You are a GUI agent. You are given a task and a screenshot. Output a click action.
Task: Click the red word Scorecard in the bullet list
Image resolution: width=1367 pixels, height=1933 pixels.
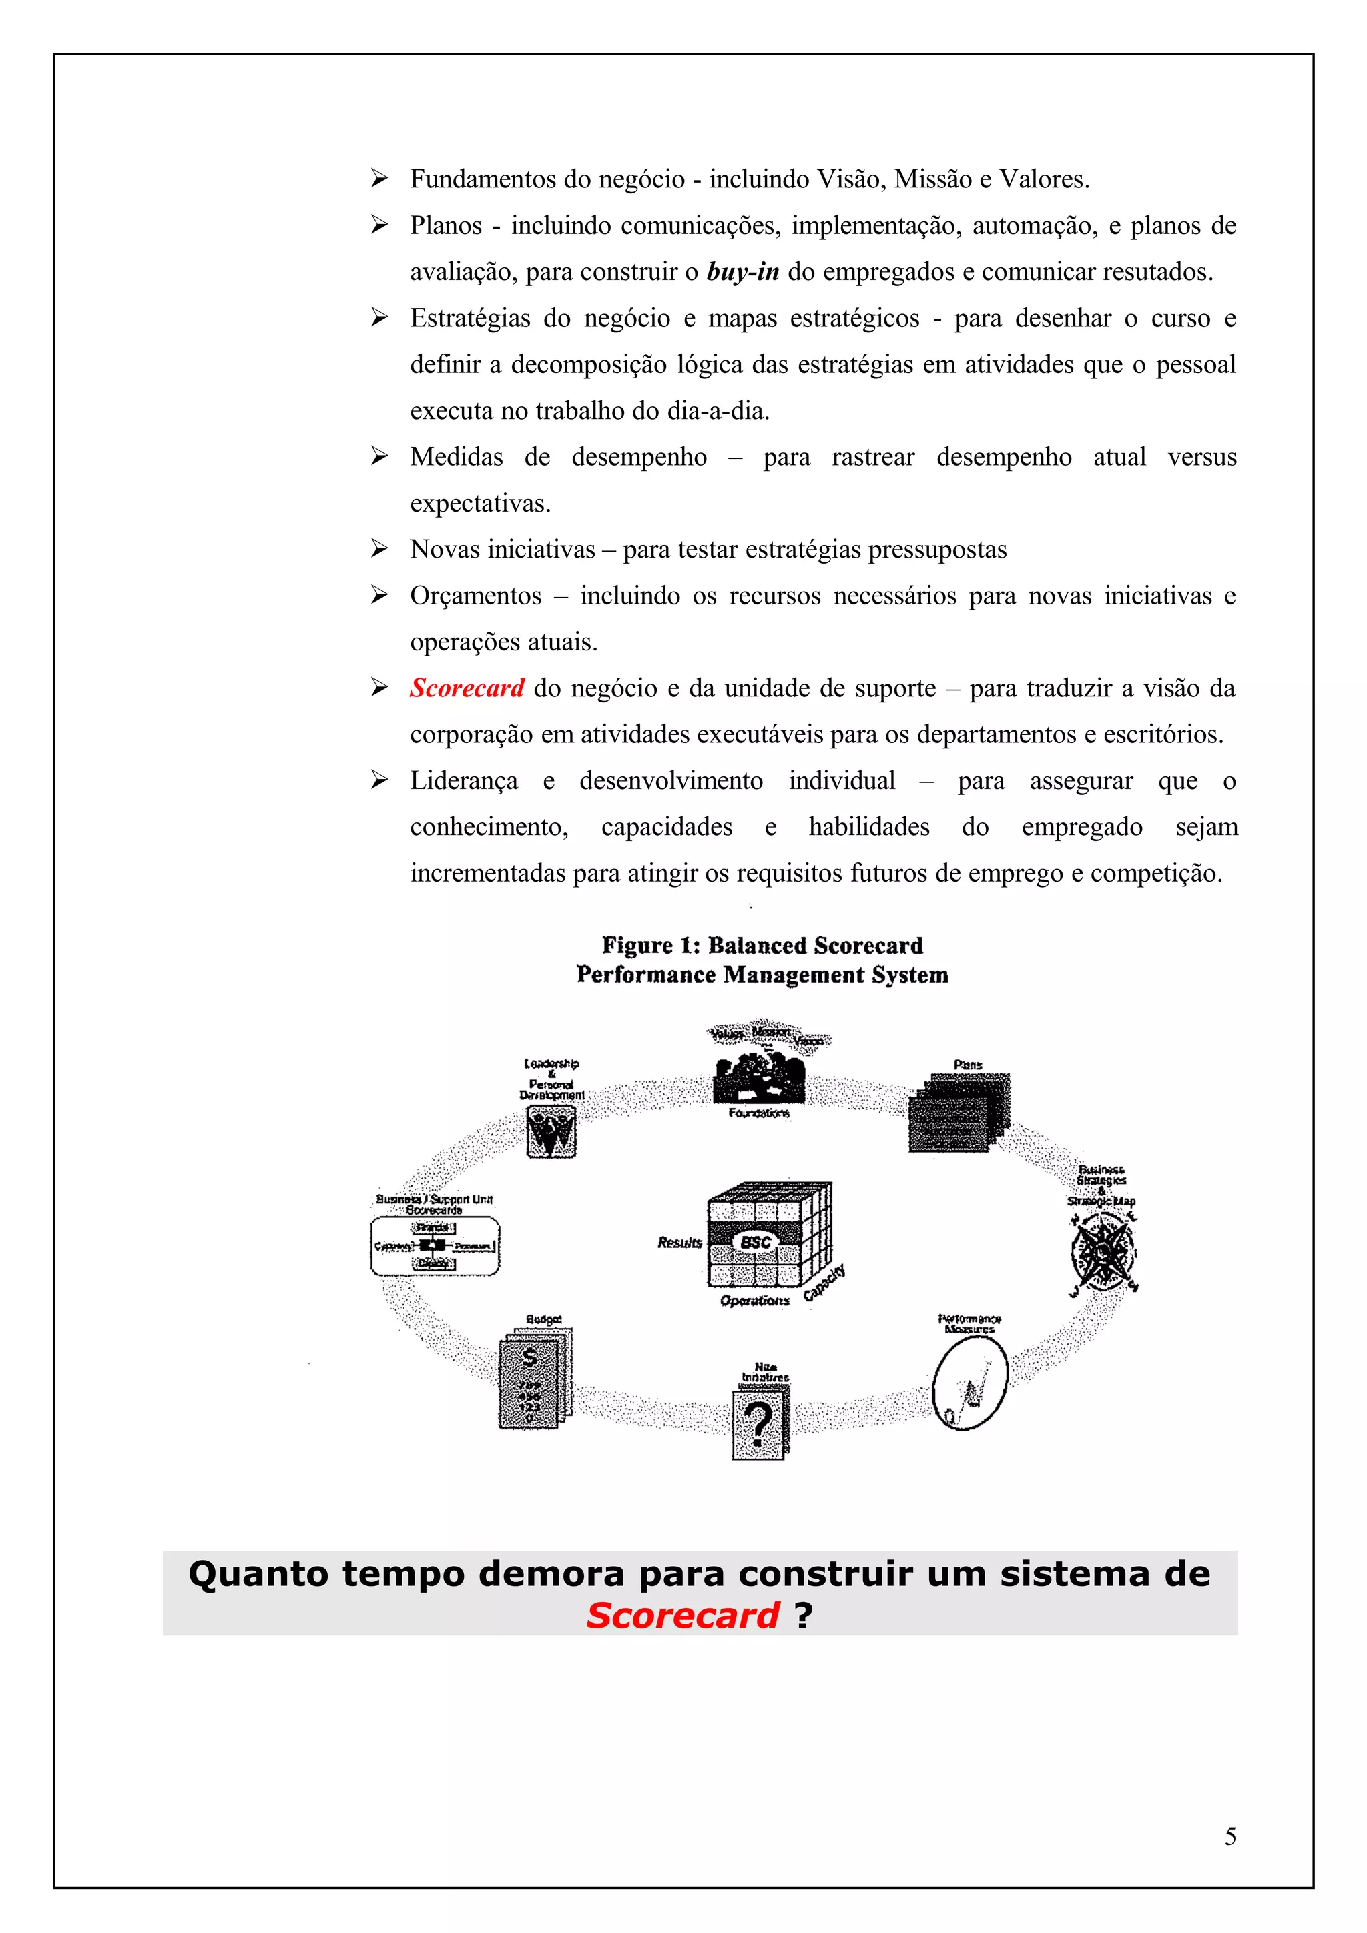467,688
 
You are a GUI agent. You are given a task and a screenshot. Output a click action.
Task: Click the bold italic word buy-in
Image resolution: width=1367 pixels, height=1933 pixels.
742,272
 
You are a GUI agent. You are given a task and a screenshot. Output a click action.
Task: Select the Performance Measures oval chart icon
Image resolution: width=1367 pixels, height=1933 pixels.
969,1384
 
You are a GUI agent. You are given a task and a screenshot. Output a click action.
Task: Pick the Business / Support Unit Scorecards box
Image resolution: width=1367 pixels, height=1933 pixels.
435,1245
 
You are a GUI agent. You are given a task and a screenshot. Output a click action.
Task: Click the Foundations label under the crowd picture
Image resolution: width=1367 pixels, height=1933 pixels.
759,1113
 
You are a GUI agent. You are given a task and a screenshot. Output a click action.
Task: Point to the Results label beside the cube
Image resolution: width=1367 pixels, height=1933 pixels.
679,1243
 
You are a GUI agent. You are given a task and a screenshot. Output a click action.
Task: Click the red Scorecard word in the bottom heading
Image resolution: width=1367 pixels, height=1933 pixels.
682,1615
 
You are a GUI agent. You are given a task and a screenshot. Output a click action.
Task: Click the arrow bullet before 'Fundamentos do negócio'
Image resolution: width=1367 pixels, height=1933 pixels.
379,179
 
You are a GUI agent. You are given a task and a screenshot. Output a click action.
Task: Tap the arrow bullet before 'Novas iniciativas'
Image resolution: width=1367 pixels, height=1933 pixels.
379,549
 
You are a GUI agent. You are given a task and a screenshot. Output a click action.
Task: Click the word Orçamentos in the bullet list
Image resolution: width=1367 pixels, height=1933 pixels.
475,596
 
